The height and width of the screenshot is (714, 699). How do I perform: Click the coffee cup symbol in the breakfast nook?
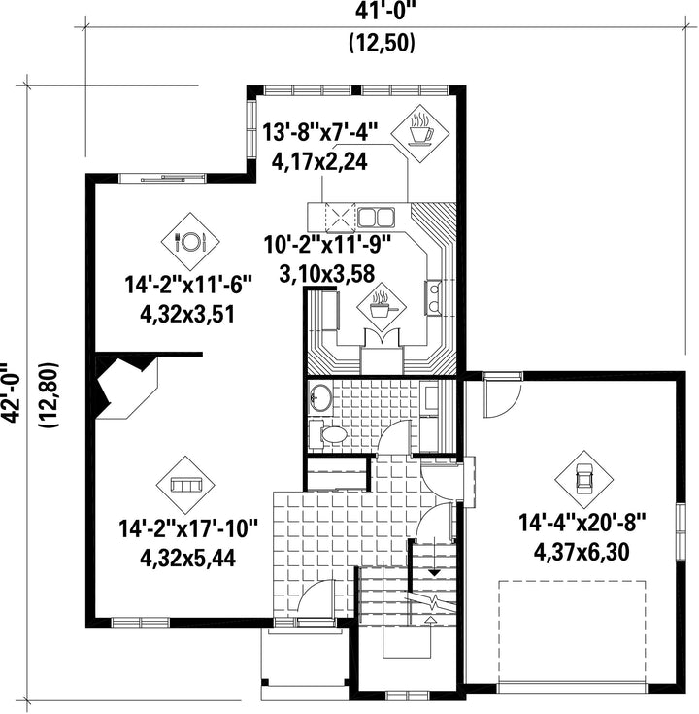pos(420,133)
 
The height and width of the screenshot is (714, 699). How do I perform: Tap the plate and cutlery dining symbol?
pos(190,241)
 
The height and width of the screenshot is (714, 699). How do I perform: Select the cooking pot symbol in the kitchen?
pos(382,308)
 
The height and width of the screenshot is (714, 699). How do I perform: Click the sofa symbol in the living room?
pos(185,484)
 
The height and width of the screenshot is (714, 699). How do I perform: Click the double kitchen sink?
pos(375,218)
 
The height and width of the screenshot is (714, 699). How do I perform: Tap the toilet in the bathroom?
pos(328,435)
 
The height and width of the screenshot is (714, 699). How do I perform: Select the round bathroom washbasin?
pos(321,398)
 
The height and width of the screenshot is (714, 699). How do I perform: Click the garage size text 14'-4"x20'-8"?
pos(582,522)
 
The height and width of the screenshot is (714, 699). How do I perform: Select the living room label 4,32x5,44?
pos(187,559)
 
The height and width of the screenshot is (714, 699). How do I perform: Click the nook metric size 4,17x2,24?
pos(319,160)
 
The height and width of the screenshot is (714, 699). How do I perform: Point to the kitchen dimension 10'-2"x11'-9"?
pos(328,246)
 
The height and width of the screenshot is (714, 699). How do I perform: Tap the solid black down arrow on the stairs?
pos(435,574)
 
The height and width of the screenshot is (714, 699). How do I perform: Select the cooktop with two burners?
pos(434,298)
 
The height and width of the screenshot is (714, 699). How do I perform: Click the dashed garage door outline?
pos(572,630)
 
